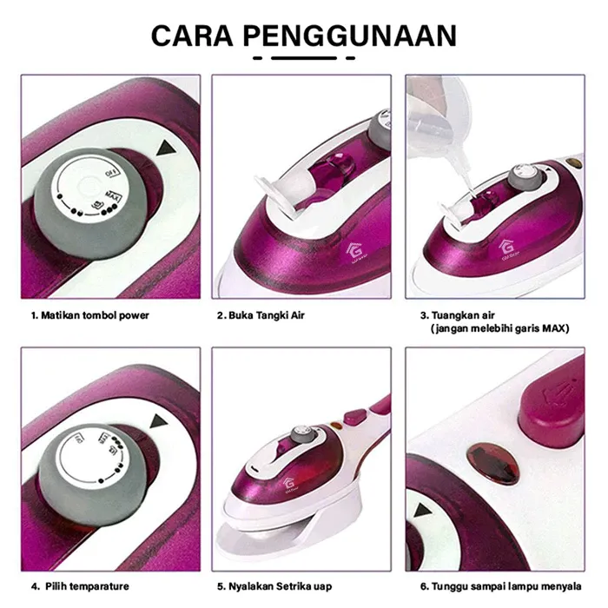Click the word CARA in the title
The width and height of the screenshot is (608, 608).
pyautogui.click(x=192, y=36)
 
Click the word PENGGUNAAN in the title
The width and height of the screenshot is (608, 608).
pyautogui.click(x=350, y=36)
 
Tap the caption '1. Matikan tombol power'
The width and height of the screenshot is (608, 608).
pyautogui.click(x=90, y=315)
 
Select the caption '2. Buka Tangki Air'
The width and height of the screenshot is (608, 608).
pyautogui.click(x=261, y=315)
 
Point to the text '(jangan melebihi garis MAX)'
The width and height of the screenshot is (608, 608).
pyautogui.click(x=499, y=329)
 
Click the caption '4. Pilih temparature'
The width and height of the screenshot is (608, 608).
pyautogui.click(x=80, y=586)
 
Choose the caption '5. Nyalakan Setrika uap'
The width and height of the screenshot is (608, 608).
pyautogui.click(x=274, y=586)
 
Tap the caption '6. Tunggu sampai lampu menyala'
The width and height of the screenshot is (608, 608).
pyautogui.click(x=501, y=586)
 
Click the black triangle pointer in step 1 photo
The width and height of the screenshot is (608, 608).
pyautogui.click(x=166, y=149)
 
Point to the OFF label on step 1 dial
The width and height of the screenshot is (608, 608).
pyautogui.click(x=112, y=173)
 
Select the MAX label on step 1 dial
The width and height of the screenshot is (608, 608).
pyautogui.click(x=112, y=195)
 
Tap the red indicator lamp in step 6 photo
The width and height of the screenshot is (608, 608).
pyautogui.click(x=493, y=464)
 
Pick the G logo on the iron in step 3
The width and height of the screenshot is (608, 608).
pyautogui.click(x=506, y=247)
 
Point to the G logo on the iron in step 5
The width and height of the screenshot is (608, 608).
pyautogui.click(x=289, y=484)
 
